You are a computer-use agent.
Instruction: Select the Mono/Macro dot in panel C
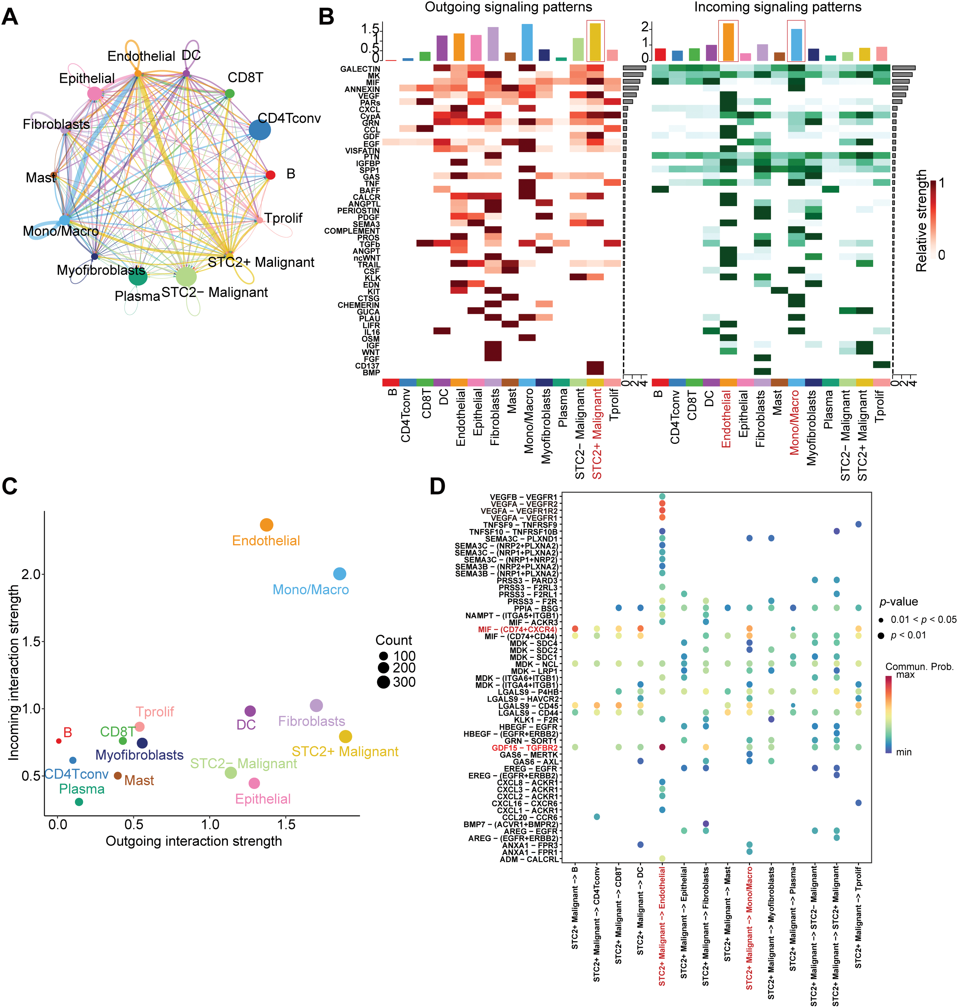tap(339, 574)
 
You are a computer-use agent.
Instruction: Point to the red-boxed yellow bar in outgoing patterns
tap(596, 42)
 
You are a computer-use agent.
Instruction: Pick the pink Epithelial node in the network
tap(95, 93)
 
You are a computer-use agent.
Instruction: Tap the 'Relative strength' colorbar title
tap(921, 221)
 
